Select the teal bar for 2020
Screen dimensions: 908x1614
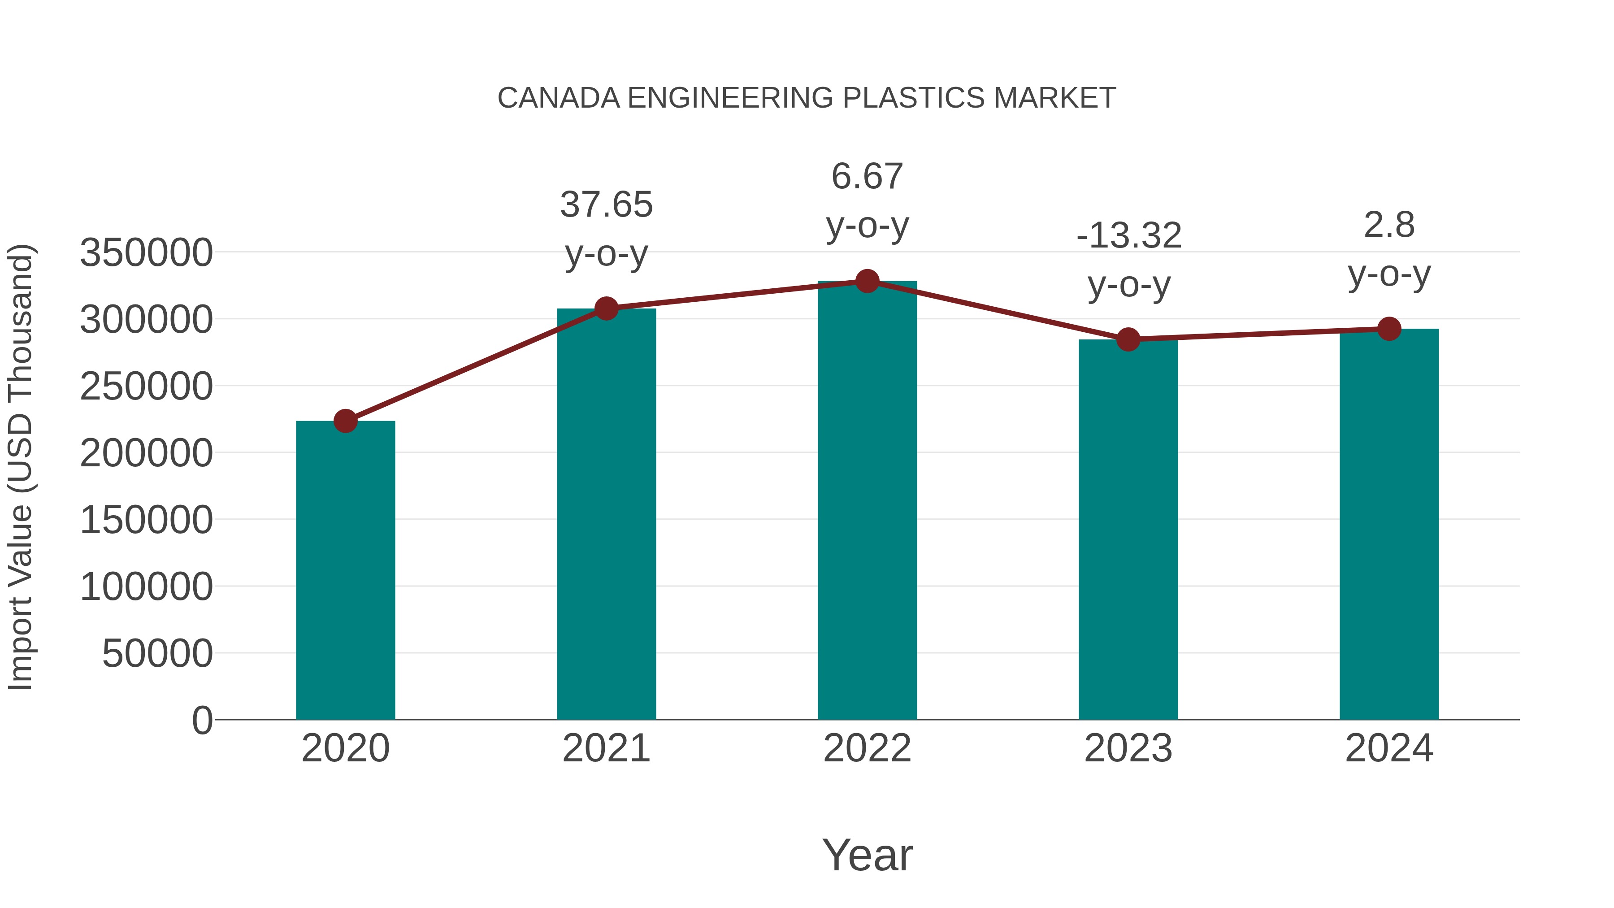click(x=345, y=570)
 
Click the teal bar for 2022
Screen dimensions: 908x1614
click(x=867, y=501)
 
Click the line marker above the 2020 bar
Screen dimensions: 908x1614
click(x=345, y=421)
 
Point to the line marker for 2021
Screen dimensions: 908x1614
click(x=606, y=308)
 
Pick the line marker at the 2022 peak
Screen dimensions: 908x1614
click(x=867, y=281)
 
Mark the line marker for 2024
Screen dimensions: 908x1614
click(x=1389, y=329)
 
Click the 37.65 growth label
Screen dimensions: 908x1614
click(x=606, y=205)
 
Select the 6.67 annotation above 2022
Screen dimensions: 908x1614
click(x=867, y=176)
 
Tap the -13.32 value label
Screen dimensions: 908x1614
click(x=1128, y=236)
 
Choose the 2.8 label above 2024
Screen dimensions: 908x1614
click(x=1389, y=225)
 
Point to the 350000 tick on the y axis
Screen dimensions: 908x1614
click(x=147, y=253)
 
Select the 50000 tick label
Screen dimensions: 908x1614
click(x=157, y=654)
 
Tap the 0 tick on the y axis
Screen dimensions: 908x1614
click(x=202, y=720)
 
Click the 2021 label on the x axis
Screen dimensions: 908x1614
click(x=606, y=748)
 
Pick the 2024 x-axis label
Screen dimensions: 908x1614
click(x=1389, y=748)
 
